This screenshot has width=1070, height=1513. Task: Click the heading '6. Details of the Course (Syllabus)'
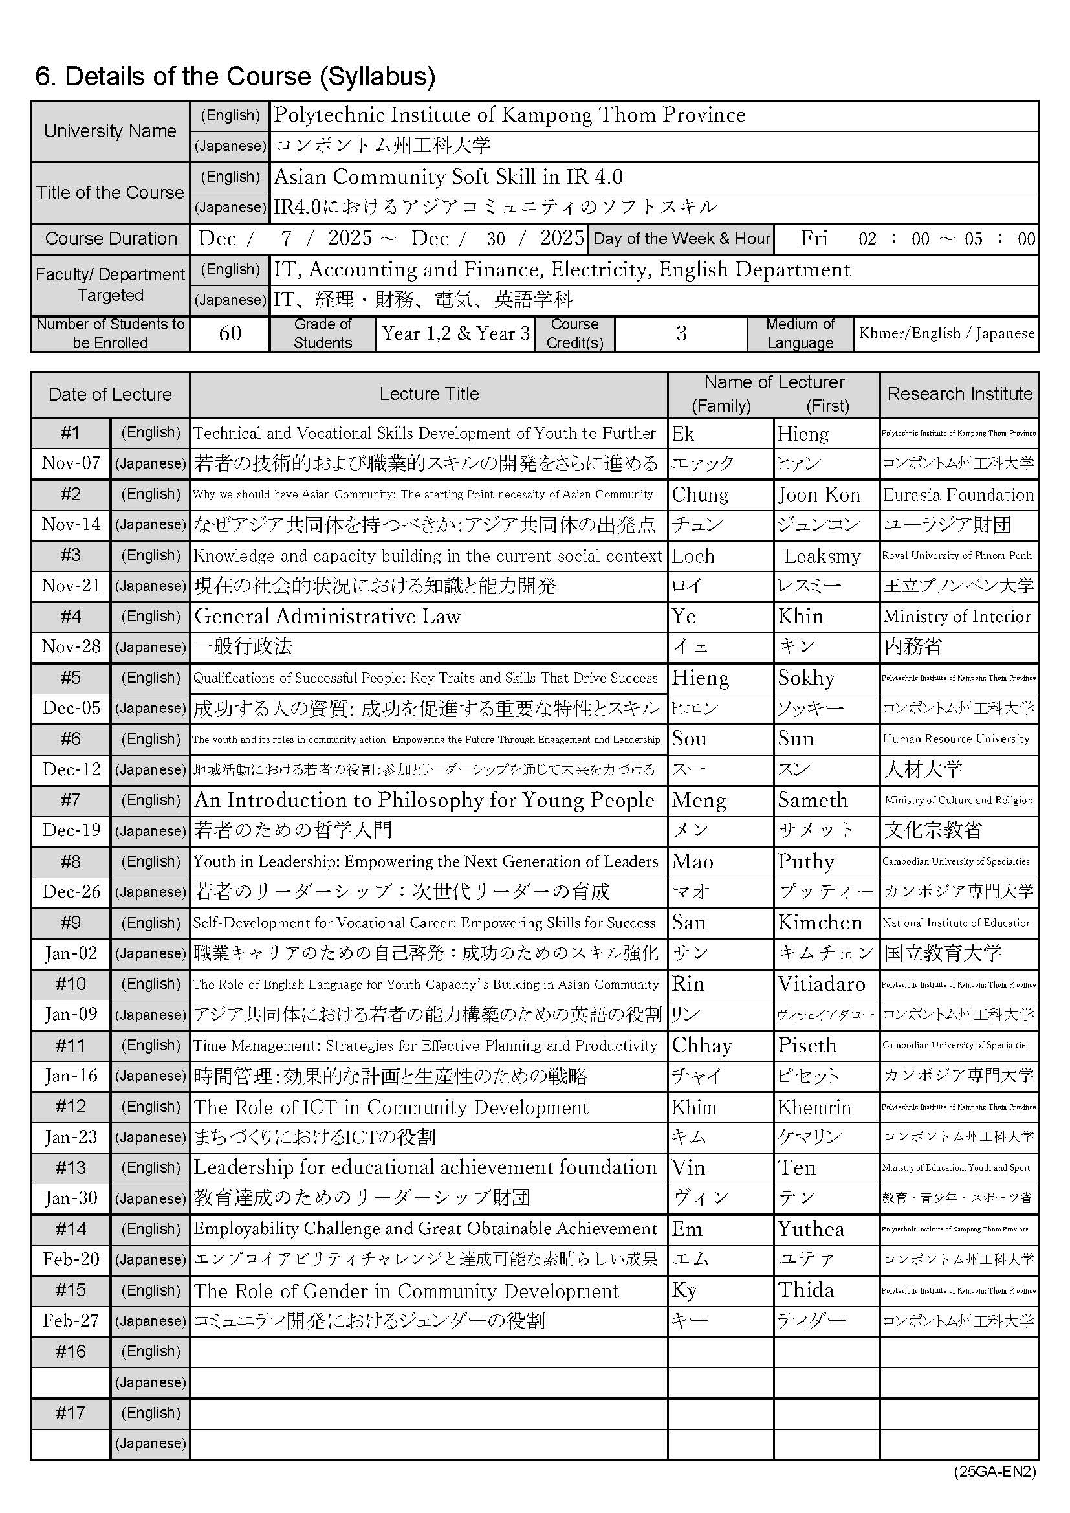235,77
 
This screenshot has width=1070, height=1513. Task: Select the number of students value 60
230,333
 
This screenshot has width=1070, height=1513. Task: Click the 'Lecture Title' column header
429,394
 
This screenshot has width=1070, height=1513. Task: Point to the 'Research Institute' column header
959,394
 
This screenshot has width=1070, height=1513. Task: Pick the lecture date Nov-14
71,525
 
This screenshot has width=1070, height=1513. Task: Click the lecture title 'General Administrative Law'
327,616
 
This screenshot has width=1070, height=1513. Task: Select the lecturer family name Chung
700,494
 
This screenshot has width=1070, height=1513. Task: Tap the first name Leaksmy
822,556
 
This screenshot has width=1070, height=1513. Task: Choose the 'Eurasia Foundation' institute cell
958,494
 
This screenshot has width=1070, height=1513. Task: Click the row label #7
71,800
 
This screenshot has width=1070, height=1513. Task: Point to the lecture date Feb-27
71,1321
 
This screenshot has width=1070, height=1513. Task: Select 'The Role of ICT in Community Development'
391,1107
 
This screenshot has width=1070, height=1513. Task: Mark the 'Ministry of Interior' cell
957,616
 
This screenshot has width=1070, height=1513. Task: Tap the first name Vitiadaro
822,984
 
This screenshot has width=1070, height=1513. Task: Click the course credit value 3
681,333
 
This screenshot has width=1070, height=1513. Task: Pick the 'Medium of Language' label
800,333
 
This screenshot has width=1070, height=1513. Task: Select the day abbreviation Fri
814,238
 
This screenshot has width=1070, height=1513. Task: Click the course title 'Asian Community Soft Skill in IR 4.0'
448,177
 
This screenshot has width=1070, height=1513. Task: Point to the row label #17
71,1413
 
